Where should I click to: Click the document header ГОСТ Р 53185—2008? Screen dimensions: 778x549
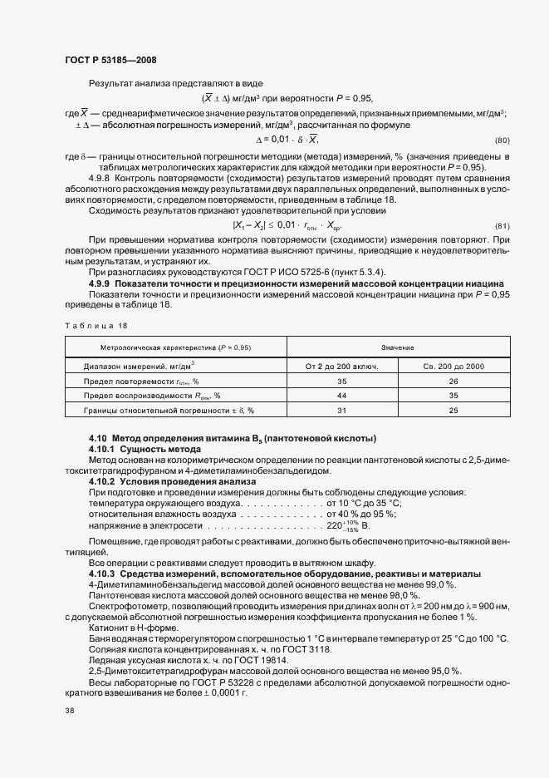pyautogui.click(x=110, y=60)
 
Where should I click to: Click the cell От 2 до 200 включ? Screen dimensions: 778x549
pyautogui.click(x=341, y=366)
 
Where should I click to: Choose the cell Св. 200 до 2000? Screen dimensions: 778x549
pyautogui.click(x=453, y=366)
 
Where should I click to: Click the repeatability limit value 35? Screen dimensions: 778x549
pyautogui.click(x=341, y=381)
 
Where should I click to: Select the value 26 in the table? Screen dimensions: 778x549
pyautogui.click(x=453, y=381)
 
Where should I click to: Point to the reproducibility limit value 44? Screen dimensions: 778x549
pyautogui.click(x=341, y=396)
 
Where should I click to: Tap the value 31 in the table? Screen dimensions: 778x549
pyautogui.click(x=341, y=411)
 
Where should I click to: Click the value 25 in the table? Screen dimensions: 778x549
pyautogui.click(x=453, y=411)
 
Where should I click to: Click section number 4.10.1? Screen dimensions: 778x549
pyautogui.click(x=104, y=449)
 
